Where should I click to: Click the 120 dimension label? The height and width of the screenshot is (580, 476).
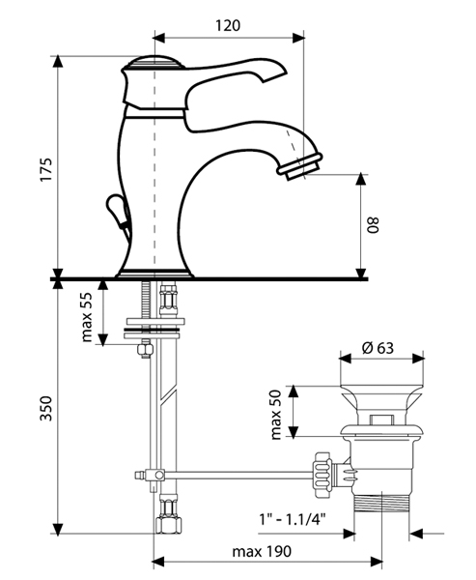228,25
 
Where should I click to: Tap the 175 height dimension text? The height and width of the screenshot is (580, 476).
46,170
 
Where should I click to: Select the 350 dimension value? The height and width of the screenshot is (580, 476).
46,408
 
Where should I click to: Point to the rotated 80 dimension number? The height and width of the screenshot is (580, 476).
374,225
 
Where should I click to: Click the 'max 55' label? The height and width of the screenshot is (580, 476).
87,317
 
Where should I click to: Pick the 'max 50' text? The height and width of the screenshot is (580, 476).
276,415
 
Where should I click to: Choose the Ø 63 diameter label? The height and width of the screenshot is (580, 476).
378,348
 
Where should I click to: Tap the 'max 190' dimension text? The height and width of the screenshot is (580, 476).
262,552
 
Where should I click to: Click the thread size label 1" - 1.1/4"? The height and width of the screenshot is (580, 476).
293,520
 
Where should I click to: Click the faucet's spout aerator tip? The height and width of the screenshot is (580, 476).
301,167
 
